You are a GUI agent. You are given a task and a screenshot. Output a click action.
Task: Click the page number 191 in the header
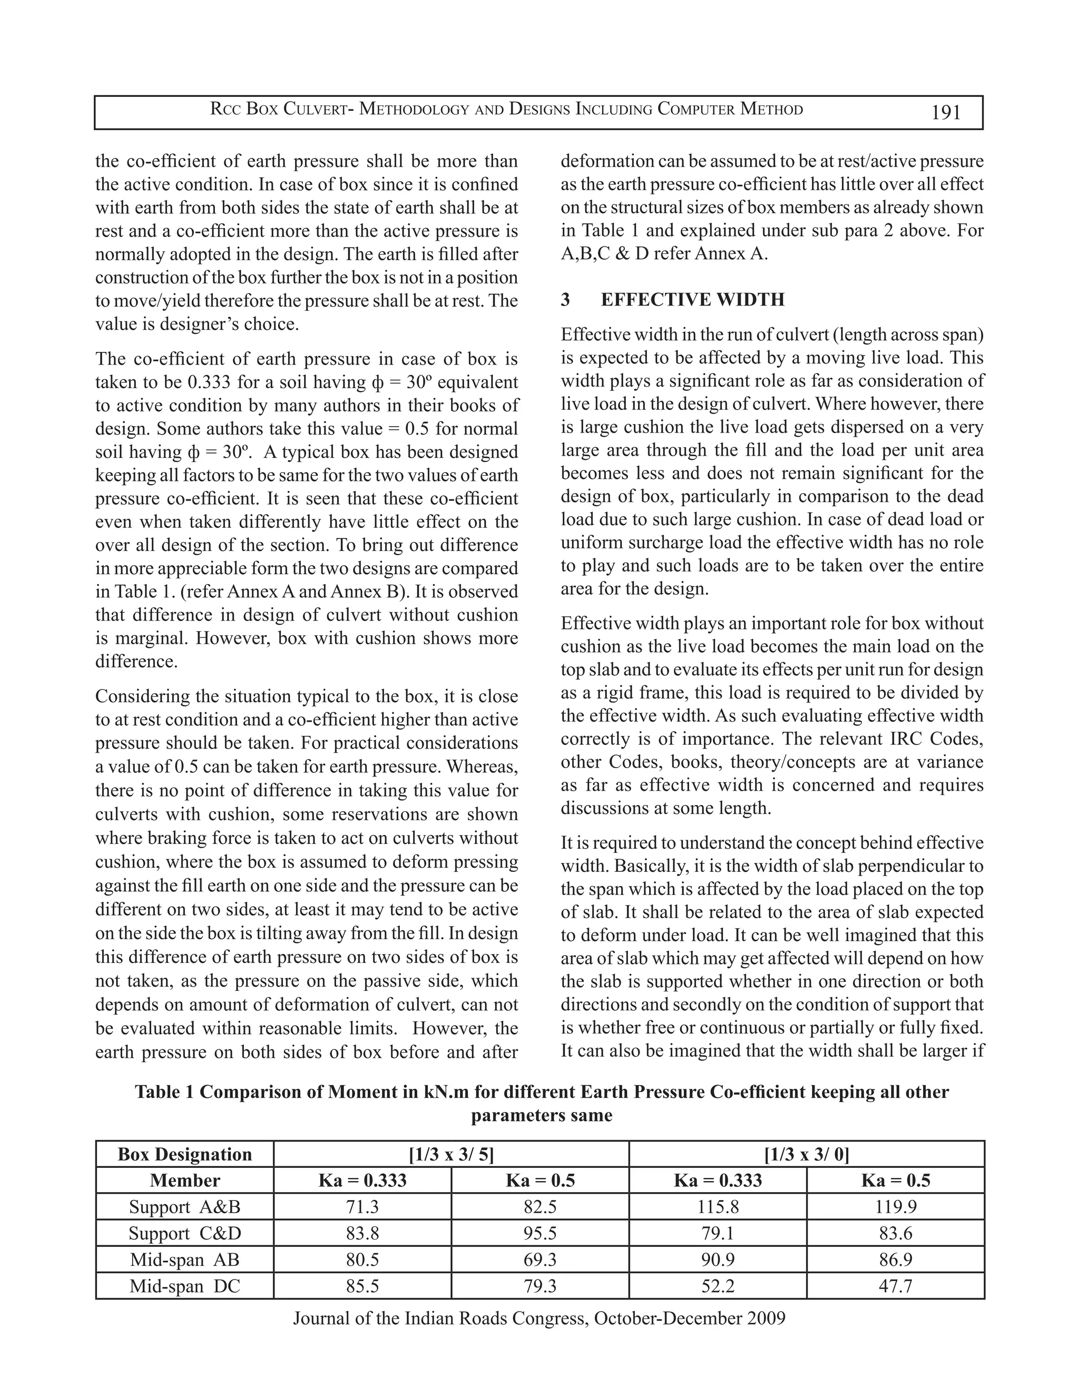[946, 113]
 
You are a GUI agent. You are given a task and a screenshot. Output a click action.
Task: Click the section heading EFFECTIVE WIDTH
[692, 300]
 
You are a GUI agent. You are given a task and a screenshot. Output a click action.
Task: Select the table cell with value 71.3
[362, 1207]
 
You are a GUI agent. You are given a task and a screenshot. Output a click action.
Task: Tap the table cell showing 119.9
[895, 1207]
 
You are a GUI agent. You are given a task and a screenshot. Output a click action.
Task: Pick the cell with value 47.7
[895, 1286]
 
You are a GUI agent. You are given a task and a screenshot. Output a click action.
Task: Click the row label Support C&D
[185, 1233]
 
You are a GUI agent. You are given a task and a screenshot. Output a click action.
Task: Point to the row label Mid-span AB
[185, 1260]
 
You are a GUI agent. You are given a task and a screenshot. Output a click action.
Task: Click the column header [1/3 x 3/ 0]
[806, 1154]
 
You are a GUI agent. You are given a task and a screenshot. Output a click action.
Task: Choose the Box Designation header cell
[185, 1154]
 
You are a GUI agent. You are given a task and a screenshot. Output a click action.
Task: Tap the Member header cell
[185, 1181]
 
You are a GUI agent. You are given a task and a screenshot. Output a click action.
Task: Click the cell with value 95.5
[540, 1233]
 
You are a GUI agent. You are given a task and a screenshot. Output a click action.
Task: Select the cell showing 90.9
[718, 1260]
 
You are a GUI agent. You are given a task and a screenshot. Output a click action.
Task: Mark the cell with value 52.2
[718, 1286]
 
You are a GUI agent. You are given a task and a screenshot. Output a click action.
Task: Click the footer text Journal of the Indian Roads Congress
[441, 1318]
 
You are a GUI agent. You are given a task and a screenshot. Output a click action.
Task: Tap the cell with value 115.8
[718, 1207]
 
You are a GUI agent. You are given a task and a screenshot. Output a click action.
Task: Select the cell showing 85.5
[362, 1286]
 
